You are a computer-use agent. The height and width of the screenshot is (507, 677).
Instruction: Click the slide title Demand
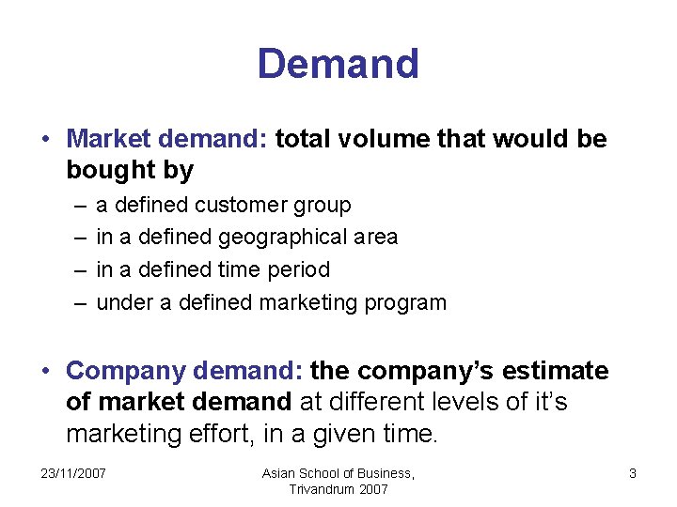[x=338, y=64]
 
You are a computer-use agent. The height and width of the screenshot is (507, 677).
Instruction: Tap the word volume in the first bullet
[x=386, y=140]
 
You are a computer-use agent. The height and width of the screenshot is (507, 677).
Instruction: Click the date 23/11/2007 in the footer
[x=73, y=473]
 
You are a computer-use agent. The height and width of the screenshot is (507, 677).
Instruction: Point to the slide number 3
[x=633, y=473]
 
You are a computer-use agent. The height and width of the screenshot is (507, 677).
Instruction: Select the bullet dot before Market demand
[x=45, y=140]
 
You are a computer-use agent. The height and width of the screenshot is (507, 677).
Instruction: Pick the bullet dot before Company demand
[x=45, y=371]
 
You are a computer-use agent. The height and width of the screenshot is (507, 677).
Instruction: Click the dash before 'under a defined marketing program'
[x=76, y=303]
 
